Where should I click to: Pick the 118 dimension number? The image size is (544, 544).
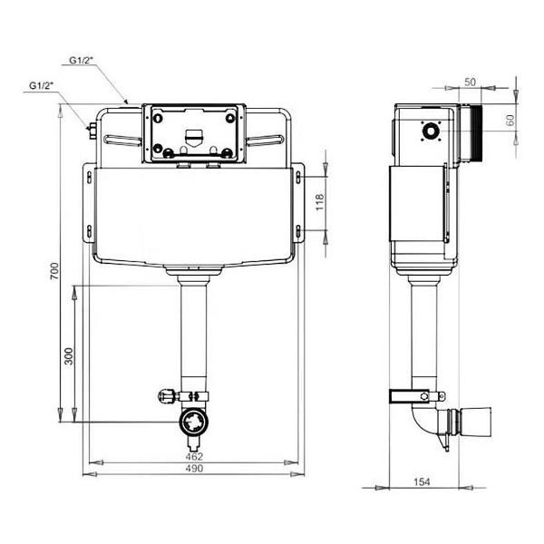point(318,201)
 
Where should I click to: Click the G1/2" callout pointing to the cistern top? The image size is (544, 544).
point(80,61)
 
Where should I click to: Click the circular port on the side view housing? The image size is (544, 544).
point(429,131)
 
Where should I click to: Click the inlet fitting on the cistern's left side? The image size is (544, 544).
point(92,131)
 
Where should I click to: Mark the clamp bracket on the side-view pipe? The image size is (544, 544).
point(415,396)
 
